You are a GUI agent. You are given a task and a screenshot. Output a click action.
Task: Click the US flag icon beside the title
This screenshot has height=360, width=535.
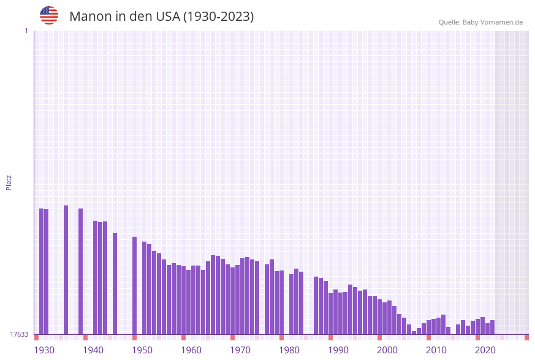(x=49, y=15)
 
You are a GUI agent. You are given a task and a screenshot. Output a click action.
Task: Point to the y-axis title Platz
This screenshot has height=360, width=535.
(x=9, y=182)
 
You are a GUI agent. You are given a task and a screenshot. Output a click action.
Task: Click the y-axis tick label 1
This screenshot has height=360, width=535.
(x=26, y=31)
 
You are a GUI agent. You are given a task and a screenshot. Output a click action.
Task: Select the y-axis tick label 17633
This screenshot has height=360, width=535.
(x=19, y=334)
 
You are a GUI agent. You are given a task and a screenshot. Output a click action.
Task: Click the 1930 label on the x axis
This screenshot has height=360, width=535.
(x=44, y=350)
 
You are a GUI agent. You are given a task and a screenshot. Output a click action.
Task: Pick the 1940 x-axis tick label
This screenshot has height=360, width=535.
(x=93, y=350)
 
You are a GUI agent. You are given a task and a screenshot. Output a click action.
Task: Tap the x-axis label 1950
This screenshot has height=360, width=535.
(x=142, y=350)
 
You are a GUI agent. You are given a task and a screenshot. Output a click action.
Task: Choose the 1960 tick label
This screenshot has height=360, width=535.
(x=191, y=350)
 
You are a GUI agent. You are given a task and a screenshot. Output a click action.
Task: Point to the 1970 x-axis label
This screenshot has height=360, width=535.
(x=240, y=350)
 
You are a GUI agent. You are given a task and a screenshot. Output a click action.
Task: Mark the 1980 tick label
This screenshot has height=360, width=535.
(x=289, y=350)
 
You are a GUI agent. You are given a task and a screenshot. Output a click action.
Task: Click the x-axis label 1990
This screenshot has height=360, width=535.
(x=338, y=350)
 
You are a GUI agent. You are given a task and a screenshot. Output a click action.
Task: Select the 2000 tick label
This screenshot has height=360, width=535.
(x=387, y=350)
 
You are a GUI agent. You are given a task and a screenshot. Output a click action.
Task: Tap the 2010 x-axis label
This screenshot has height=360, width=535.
(x=436, y=350)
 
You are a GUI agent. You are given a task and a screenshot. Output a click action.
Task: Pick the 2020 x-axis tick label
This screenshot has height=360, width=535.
(x=485, y=350)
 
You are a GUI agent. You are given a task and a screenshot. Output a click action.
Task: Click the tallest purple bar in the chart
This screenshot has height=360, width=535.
(x=66, y=270)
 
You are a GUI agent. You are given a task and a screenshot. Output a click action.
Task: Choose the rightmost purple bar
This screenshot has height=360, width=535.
(x=492, y=327)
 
